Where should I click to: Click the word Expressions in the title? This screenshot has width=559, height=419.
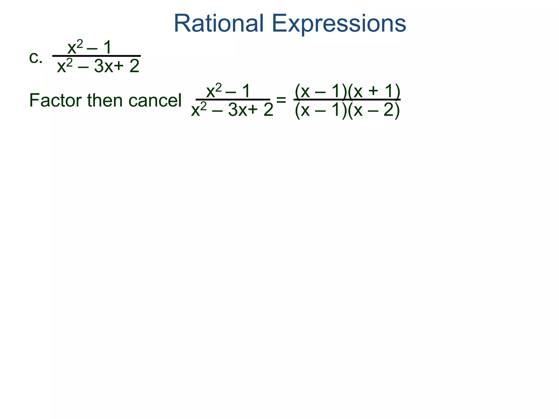coord(339,24)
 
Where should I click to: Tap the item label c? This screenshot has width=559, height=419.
coord(36,58)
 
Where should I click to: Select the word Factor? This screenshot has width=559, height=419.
coord(56,100)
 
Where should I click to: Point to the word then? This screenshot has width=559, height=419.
coord(105,100)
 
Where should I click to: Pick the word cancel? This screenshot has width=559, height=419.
coord(155,100)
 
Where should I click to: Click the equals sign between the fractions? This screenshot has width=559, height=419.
coord(281,100)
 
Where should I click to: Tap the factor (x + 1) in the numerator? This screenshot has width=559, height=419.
coord(374,91)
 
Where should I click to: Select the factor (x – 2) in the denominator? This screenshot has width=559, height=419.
coord(374,110)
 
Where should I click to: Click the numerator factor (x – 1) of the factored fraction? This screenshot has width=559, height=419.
coord(321,91)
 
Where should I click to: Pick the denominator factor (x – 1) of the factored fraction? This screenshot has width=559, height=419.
coord(321,110)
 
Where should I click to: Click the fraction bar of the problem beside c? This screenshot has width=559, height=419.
coord(96,56)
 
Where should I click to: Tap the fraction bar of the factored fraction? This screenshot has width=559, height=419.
coord(347,100)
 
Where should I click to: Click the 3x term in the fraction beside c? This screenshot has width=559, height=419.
coord(103,66)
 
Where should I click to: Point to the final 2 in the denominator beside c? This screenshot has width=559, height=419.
coord(134,66)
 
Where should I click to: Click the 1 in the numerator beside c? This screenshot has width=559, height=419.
coord(108,48)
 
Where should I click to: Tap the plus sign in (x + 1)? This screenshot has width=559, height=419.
coord(373,91)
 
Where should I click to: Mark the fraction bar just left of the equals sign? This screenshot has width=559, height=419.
coord(233,100)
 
